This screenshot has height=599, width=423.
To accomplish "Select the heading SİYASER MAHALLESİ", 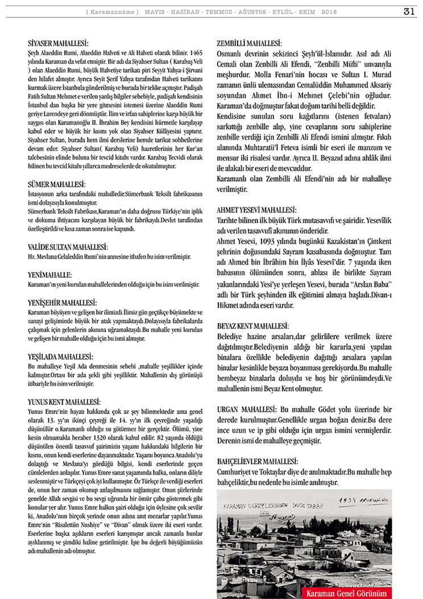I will (59, 43).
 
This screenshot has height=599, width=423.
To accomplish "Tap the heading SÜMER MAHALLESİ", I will (56, 185).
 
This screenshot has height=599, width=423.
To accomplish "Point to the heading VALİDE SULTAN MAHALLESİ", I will (68, 247).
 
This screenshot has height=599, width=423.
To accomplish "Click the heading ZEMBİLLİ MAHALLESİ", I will (250, 43).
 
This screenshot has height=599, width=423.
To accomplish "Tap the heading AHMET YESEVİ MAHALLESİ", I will (256, 210).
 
